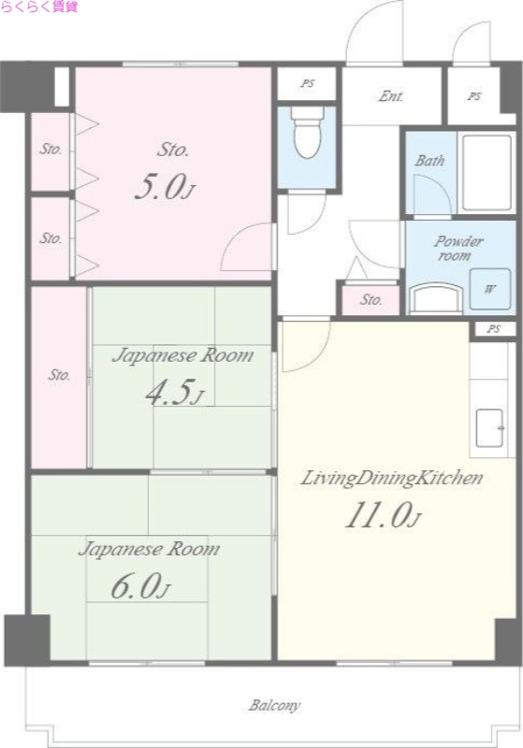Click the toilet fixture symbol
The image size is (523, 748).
tap(307, 133)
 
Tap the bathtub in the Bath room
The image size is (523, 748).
tap(487, 172)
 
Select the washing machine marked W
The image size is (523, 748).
tap(490, 289)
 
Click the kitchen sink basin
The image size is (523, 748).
tap(489, 427)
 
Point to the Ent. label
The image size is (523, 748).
tap(391, 96)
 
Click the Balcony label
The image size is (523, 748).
tap(274, 705)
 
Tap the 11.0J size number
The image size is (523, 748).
tap(384, 516)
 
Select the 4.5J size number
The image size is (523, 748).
tap(175, 393)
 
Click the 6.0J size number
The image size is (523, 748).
tap(140, 587)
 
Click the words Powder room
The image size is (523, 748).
tap(458, 248)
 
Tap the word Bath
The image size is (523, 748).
tap(429, 160)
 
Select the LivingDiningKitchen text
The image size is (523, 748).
tap(391, 478)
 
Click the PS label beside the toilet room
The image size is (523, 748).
tap(308, 83)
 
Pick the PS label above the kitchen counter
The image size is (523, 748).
tap(494, 329)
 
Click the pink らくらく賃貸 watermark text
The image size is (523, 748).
tap(39, 7)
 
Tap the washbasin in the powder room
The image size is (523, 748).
tap(437, 298)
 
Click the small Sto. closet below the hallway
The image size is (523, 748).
tap(370, 300)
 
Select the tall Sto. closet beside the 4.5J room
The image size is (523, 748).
tap(59, 377)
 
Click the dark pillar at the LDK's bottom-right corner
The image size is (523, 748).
tap(507, 640)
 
